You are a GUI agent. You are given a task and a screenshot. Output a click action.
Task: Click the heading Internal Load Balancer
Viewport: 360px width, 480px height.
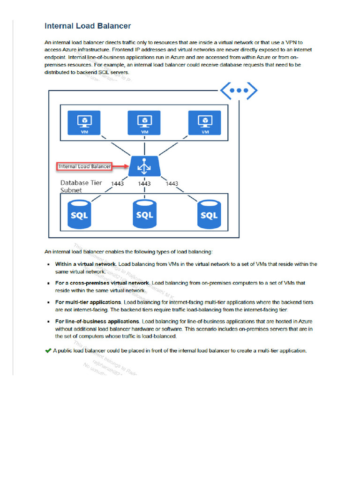88,26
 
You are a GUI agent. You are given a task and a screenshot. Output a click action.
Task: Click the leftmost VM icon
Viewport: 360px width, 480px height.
84,123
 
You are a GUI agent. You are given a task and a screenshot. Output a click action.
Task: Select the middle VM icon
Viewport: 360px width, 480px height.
144,123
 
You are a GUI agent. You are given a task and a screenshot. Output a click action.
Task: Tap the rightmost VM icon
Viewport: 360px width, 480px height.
205,123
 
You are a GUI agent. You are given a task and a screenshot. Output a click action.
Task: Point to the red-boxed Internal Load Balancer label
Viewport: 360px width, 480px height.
84,166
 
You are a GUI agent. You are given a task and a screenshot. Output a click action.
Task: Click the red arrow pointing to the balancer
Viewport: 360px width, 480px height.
120,166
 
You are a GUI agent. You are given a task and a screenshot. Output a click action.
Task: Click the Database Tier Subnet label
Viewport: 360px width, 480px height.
81,187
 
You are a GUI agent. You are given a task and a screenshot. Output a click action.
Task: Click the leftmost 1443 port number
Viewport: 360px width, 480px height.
117,184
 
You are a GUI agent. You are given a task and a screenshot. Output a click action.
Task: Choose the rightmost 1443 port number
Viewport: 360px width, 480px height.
172,184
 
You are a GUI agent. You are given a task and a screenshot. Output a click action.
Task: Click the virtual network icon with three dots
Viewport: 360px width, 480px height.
239,91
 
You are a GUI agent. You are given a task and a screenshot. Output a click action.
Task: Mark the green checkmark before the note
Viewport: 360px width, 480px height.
48,351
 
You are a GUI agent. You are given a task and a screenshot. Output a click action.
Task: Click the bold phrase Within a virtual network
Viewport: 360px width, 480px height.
86,264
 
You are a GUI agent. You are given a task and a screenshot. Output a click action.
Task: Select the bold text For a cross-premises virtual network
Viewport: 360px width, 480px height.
102,283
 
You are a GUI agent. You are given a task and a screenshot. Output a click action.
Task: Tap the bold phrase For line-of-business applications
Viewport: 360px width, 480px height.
97,322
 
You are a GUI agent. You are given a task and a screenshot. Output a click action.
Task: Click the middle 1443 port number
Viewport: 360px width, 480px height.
144,184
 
